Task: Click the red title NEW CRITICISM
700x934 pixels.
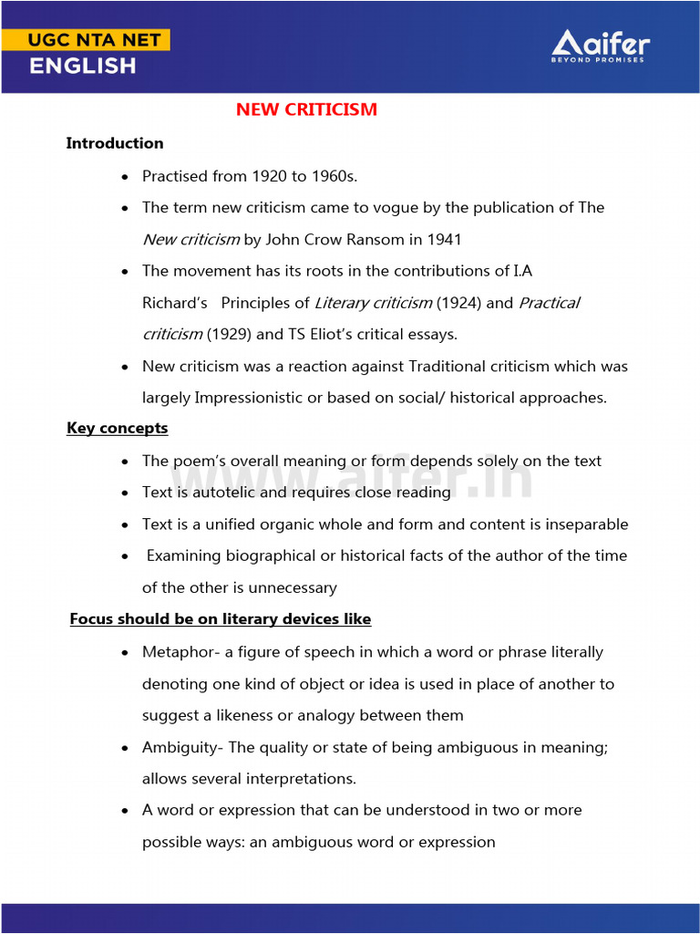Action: [x=306, y=109]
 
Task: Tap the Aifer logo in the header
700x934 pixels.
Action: [x=601, y=46]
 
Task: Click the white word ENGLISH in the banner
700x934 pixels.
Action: [x=82, y=67]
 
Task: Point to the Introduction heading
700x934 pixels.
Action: [x=115, y=143]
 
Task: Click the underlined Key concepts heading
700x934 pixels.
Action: [x=117, y=428]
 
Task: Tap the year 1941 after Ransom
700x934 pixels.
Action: [x=444, y=240]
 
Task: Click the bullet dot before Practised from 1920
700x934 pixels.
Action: [x=125, y=177]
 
